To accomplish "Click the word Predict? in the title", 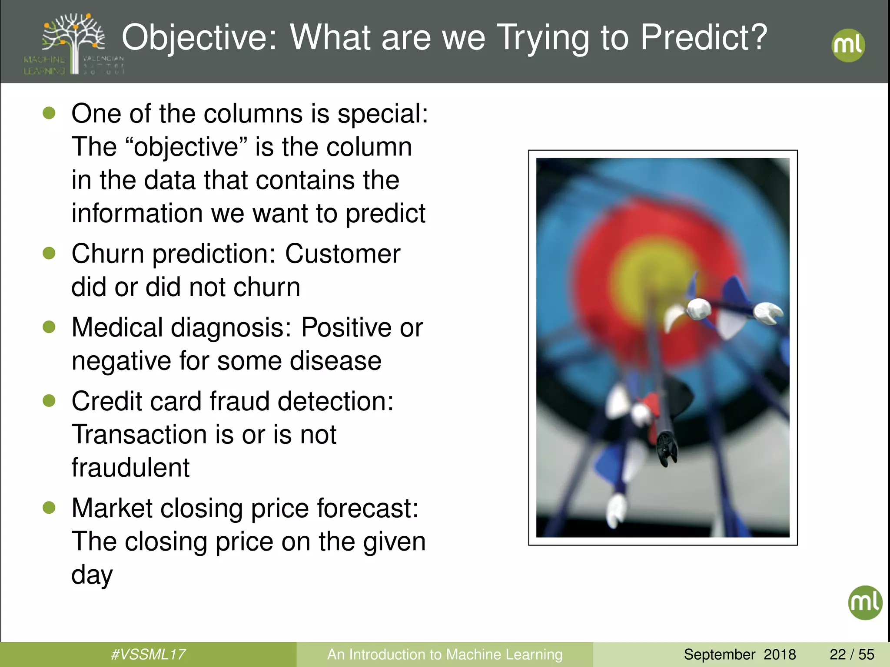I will click(704, 38).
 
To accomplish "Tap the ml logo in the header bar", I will click(848, 45).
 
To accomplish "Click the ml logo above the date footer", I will click(865, 603).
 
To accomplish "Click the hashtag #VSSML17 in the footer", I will click(148, 654).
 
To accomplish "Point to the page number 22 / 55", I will click(852, 654).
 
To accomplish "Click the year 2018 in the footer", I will click(780, 654).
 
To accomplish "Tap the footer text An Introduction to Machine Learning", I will click(445, 654).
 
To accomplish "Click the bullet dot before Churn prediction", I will click(50, 253).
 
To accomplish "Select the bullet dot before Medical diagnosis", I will click(50, 327).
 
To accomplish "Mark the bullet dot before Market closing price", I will click(50, 507).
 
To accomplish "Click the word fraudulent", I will click(130, 468).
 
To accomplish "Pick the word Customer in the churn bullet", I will click(342, 254).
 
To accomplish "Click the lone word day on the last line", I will click(92, 575).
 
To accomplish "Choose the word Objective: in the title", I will click(199, 38).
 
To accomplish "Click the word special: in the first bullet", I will click(383, 114).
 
